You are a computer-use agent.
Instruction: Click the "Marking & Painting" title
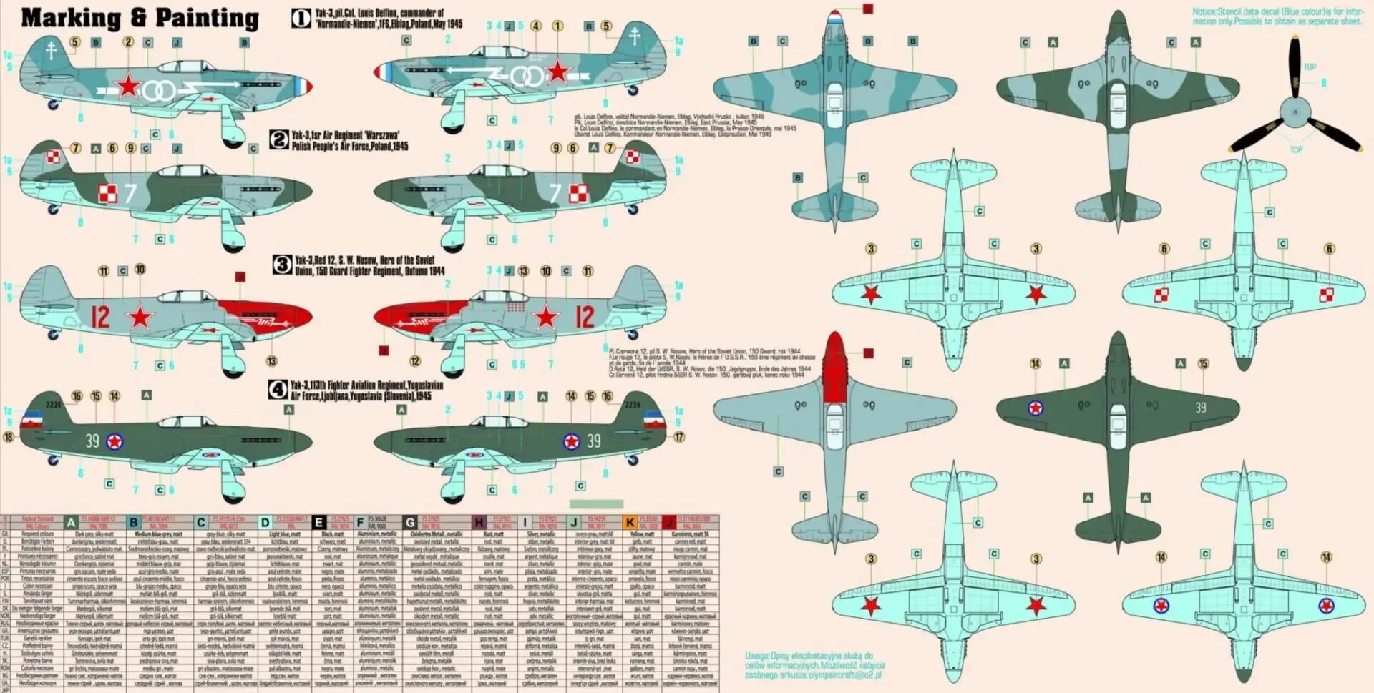tap(140, 18)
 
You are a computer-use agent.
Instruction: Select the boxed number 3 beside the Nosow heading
tap(282, 265)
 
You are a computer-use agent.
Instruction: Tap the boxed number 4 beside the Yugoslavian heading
tap(278, 390)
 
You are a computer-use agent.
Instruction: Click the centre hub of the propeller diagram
tap(1295, 113)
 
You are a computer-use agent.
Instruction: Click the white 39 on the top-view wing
tap(1200, 408)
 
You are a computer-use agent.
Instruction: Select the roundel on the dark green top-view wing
tap(1035, 408)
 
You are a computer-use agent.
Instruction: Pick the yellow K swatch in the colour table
tap(630, 523)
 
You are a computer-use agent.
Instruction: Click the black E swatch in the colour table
tap(319, 523)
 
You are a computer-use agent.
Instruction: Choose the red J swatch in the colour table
tap(669, 523)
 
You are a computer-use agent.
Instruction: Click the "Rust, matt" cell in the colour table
tap(493, 534)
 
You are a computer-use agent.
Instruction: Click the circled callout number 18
tap(9, 437)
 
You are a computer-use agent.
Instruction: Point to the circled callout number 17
tap(679, 437)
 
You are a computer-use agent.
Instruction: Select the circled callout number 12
tap(415, 361)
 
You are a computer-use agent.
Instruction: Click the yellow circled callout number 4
tap(536, 26)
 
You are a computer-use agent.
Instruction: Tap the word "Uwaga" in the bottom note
tap(757, 656)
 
